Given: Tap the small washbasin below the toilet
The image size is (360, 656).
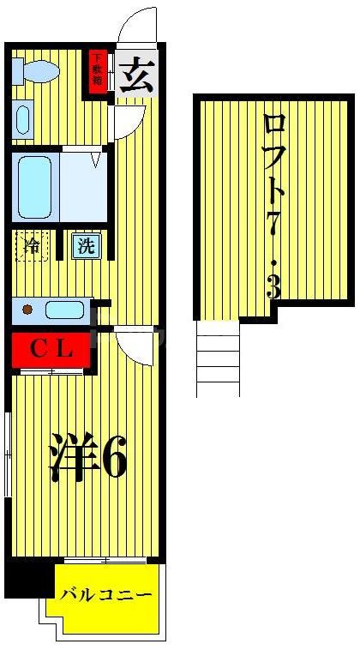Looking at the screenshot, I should click(23, 118).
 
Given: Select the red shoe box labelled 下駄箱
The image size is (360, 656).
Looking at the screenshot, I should click(99, 71).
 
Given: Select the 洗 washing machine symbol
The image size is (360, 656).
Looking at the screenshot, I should click(87, 246).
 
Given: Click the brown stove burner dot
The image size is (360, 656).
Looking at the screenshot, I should click(28, 309).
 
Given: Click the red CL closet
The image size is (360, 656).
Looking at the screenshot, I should click(49, 349).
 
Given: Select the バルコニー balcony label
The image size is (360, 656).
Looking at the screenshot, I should click(107, 595).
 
